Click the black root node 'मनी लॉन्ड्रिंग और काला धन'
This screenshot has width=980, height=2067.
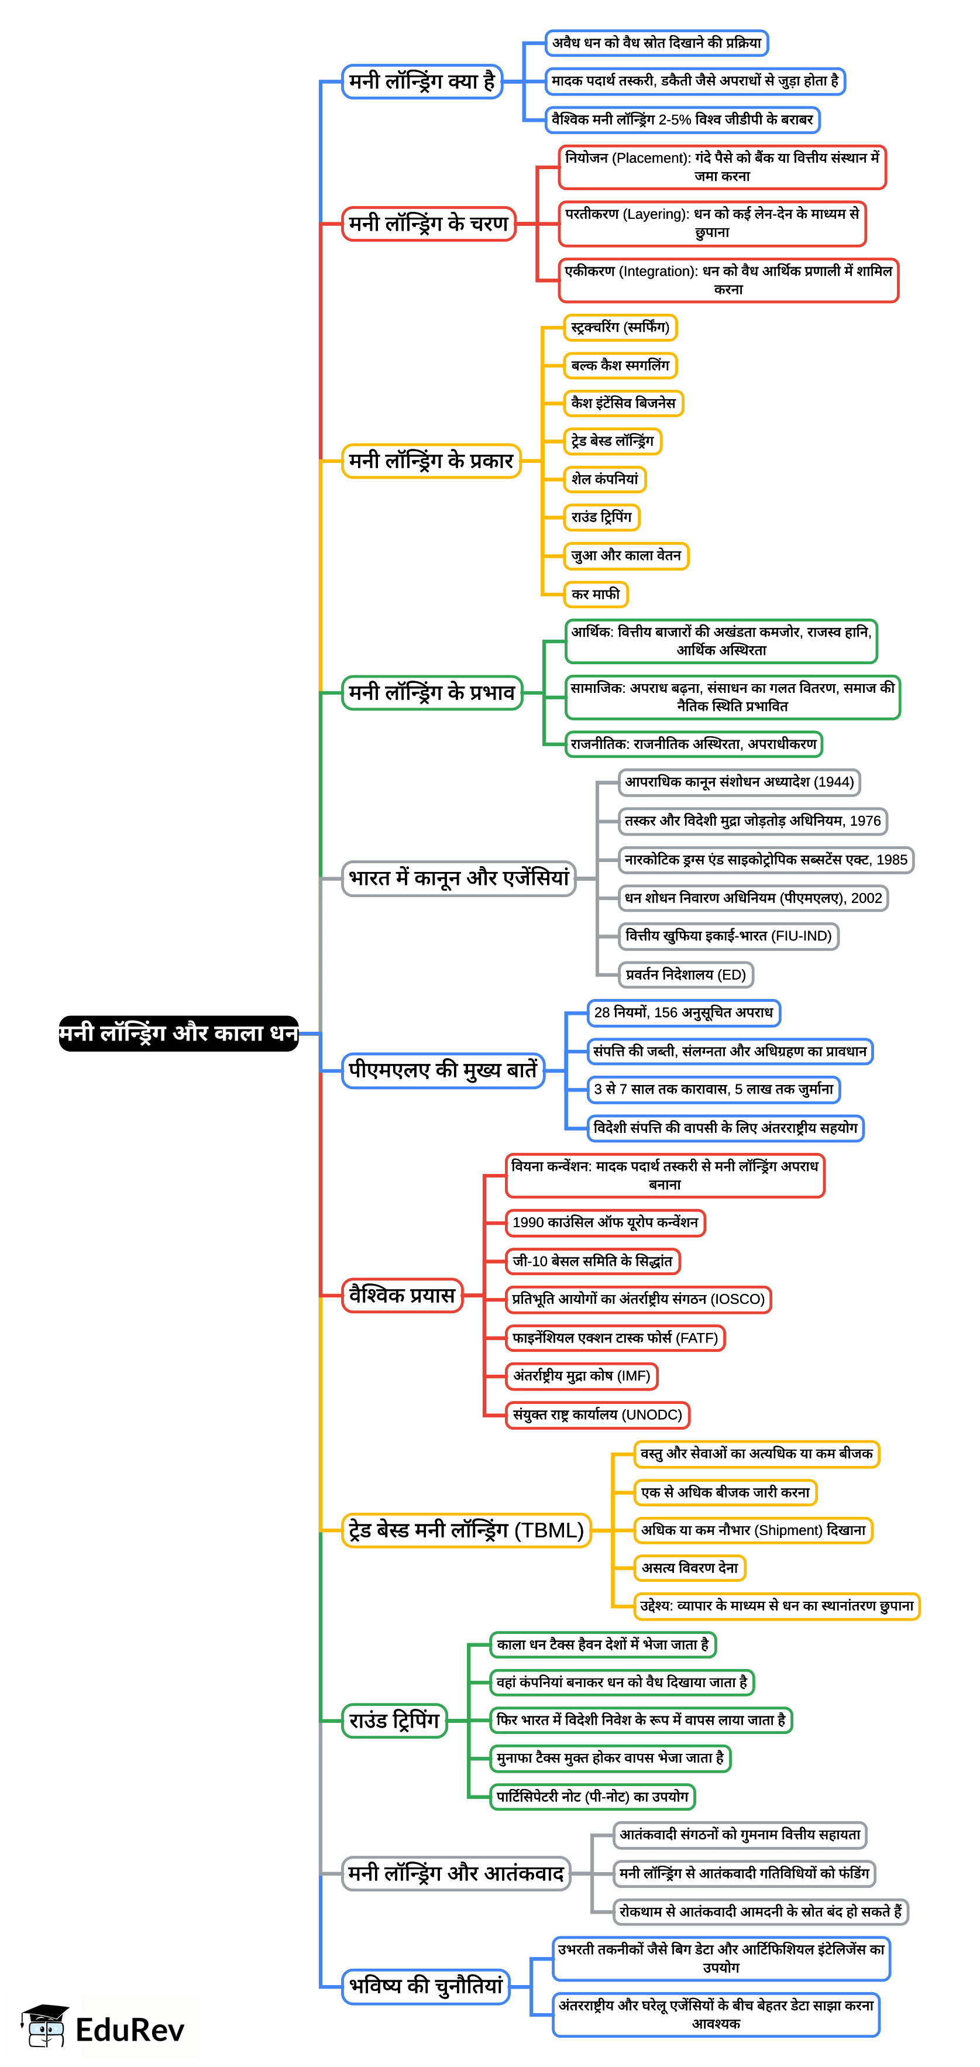coord(178,1033)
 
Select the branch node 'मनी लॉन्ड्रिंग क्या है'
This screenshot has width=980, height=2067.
coord(422,81)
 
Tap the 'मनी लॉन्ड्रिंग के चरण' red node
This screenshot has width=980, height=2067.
coord(428,223)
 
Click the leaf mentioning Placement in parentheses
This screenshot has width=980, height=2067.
coord(722,167)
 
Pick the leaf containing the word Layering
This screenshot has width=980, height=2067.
coord(712,223)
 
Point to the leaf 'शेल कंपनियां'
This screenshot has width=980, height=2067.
coord(605,479)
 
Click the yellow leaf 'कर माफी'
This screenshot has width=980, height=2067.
coord(595,595)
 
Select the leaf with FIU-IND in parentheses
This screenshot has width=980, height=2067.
coord(728,936)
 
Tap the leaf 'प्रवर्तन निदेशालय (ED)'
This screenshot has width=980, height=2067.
coord(686,974)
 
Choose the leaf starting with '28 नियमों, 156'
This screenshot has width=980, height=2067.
coord(683,1012)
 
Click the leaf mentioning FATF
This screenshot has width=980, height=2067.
coord(615,1338)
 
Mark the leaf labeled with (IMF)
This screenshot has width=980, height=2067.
coord(582,1375)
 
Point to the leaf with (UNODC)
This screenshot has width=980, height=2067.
coord(597,1414)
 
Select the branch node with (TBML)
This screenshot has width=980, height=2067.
coord(466,1530)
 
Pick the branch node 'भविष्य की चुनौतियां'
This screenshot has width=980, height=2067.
coord(426,1986)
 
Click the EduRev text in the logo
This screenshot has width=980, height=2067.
coord(130,2030)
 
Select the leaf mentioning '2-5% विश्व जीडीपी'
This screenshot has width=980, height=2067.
coord(682,119)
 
